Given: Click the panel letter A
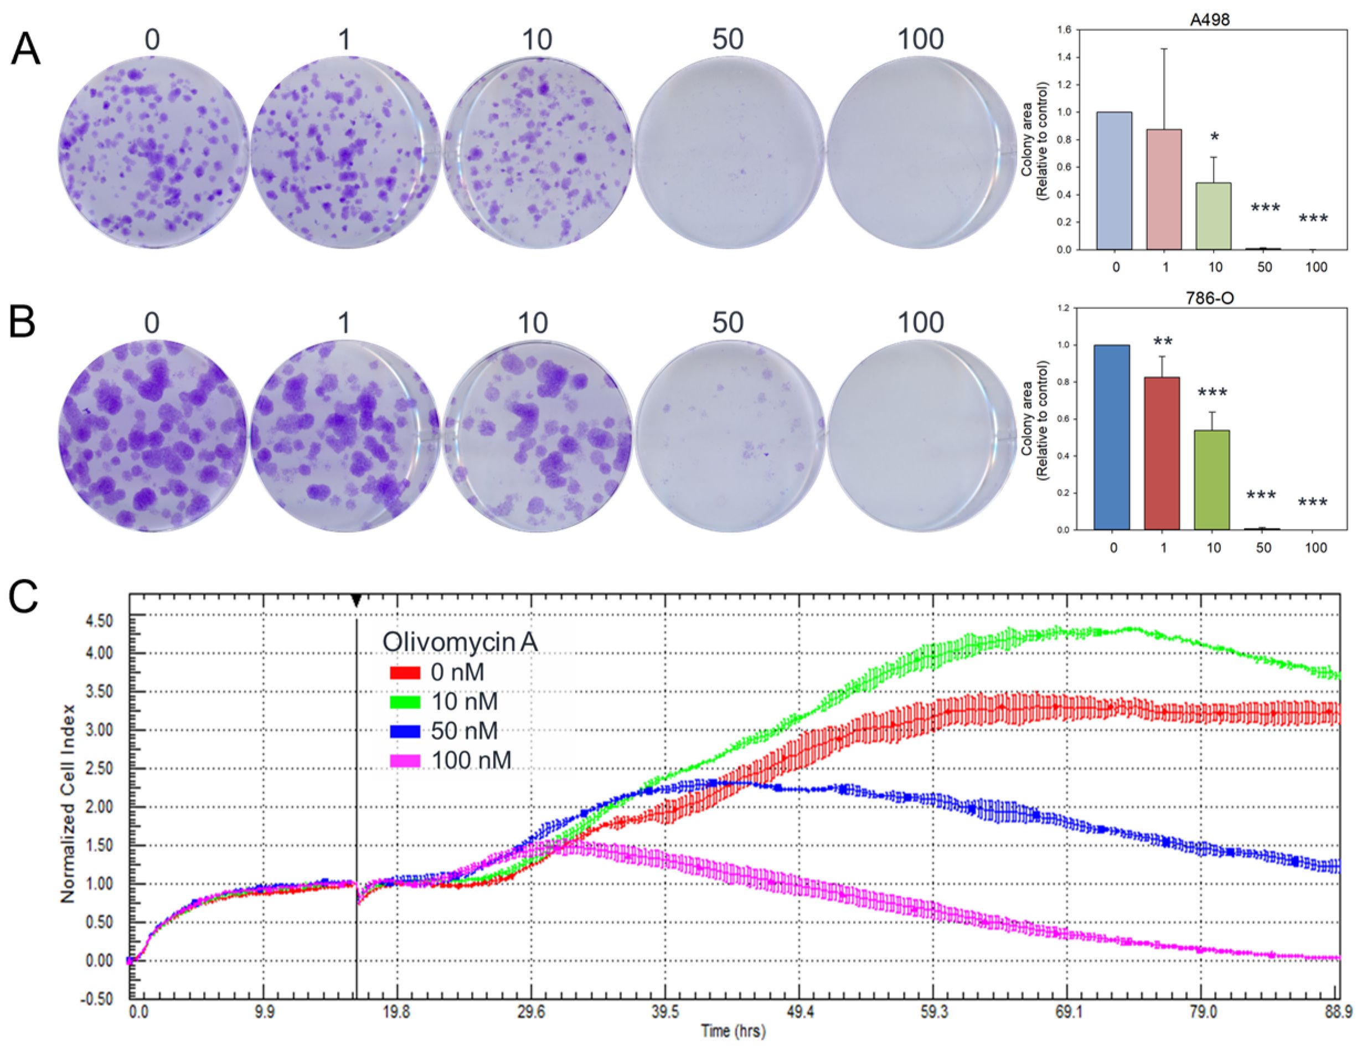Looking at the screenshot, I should (25, 50).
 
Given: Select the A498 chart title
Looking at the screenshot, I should (1209, 20).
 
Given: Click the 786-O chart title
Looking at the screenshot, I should (1209, 299).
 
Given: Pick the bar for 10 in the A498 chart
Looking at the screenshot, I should (1214, 216).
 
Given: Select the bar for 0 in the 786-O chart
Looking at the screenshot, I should (1112, 437).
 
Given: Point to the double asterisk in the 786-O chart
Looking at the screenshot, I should (1163, 342).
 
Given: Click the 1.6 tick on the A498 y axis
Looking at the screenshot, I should (1064, 30).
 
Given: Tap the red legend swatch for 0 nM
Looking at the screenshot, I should (405, 672).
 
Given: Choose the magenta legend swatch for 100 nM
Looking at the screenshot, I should (405, 760).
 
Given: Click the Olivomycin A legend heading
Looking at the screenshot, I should (460, 642).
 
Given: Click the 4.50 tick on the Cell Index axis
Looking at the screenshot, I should (100, 621).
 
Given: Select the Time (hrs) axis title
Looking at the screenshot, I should (732, 1031).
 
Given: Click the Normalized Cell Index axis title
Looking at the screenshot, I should (68, 804).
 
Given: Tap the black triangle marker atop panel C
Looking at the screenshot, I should (356, 601).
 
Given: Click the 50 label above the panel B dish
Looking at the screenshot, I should (727, 322).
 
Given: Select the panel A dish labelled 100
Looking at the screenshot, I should (921, 152).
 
